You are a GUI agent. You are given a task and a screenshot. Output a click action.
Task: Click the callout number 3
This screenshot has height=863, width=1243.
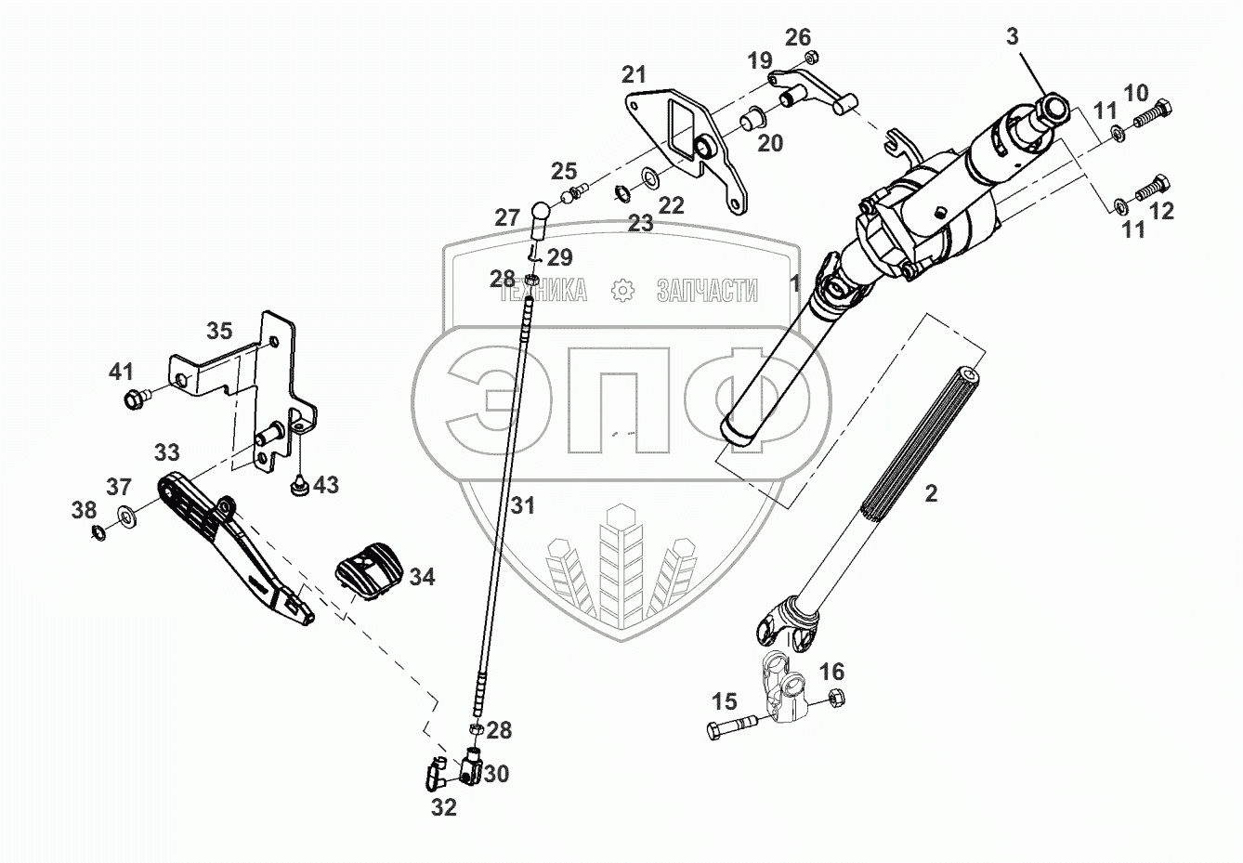click(1013, 37)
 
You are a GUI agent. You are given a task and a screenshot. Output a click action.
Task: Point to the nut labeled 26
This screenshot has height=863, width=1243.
click(810, 58)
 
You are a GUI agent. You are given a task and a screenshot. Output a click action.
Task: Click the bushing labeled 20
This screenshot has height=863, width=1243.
click(750, 120)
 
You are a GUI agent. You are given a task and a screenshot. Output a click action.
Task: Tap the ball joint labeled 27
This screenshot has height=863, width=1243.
click(541, 216)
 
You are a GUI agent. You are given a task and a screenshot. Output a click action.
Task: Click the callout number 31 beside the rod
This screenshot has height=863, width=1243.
click(523, 506)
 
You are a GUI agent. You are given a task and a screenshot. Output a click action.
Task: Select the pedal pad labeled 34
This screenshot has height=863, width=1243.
click(369, 569)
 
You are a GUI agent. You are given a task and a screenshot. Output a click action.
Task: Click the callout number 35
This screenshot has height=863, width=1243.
click(219, 331)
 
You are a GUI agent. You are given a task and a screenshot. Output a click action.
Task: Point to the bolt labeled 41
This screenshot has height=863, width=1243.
click(135, 399)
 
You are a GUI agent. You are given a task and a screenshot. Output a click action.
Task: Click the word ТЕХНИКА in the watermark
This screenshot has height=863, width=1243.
click(543, 291)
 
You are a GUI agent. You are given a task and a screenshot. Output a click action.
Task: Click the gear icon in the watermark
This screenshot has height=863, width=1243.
click(621, 291)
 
